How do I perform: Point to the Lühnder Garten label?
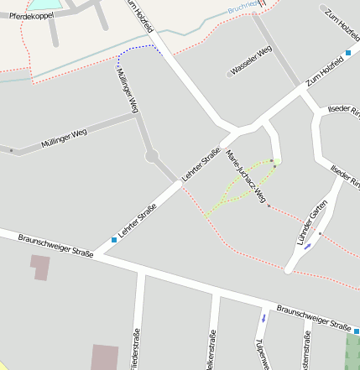[x=311, y=226]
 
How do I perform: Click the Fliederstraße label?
[x=135, y=352]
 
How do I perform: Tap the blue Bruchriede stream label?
[x=244, y=10]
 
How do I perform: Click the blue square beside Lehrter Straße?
[x=115, y=241]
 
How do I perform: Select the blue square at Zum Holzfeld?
[x=348, y=53]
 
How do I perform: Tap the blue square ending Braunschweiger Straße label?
[x=356, y=329]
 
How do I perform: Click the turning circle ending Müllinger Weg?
[x=152, y=156]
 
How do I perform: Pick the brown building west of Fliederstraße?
[x=105, y=357]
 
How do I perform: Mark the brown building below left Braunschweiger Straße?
[x=39, y=267]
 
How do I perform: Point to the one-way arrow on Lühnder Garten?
[x=307, y=246]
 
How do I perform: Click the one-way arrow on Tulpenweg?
[x=264, y=318]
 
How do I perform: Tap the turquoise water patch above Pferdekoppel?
[x=46, y=3]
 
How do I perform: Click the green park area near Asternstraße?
[x=352, y=350]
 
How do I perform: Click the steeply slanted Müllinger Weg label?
[x=128, y=90]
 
